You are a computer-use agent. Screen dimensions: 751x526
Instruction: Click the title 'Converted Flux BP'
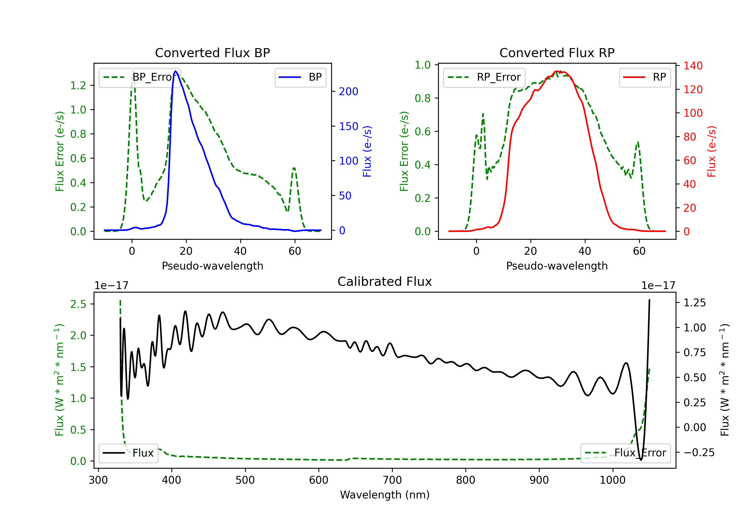tap(213, 53)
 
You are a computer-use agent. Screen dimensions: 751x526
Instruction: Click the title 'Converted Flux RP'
tap(557, 53)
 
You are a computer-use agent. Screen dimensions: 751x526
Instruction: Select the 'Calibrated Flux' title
tap(385, 282)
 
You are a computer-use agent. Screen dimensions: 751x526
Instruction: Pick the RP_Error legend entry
tap(484, 77)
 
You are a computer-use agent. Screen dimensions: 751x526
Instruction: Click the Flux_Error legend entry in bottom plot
tap(625, 453)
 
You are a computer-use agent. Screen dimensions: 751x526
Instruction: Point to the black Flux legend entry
tap(128, 453)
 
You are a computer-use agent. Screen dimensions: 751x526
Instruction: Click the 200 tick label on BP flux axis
tap(348, 91)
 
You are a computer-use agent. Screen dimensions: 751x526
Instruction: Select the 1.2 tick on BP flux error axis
tap(78, 85)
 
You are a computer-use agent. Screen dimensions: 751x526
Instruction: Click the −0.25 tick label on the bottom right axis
tap(699, 452)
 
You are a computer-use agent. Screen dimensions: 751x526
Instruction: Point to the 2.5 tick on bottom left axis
tap(78, 304)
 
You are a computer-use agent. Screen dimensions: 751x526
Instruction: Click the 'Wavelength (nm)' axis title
tap(385, 495)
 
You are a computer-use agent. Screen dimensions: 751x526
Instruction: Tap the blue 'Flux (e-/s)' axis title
tap(367, 151)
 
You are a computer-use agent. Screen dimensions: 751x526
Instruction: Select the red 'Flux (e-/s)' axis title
tap(711, 151)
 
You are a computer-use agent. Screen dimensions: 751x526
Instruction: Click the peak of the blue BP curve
tap(176, 71)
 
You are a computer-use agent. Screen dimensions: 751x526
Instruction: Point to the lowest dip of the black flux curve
tap(641, 460)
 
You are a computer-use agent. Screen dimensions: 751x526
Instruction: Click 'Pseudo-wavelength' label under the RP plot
tap(557, 266)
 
